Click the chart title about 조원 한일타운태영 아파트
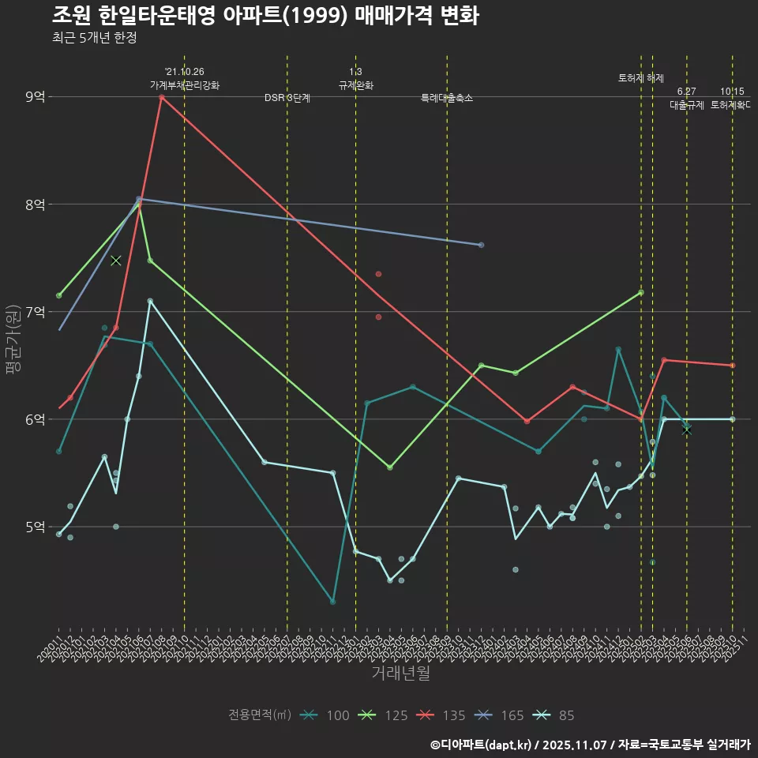pos(265,16)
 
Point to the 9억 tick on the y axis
pos(35,97)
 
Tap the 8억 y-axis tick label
pos(35,205)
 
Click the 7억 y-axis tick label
pos(35,312)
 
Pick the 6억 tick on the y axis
pos(35,419)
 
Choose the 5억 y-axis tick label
pos(35,527)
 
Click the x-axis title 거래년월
pos(400,674)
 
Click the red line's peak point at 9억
pos(161,97)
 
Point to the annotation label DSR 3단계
pos(287,98)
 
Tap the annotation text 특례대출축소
pos(447,98)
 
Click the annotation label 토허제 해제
pos(641,78)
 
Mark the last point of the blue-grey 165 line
pos(481,245)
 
